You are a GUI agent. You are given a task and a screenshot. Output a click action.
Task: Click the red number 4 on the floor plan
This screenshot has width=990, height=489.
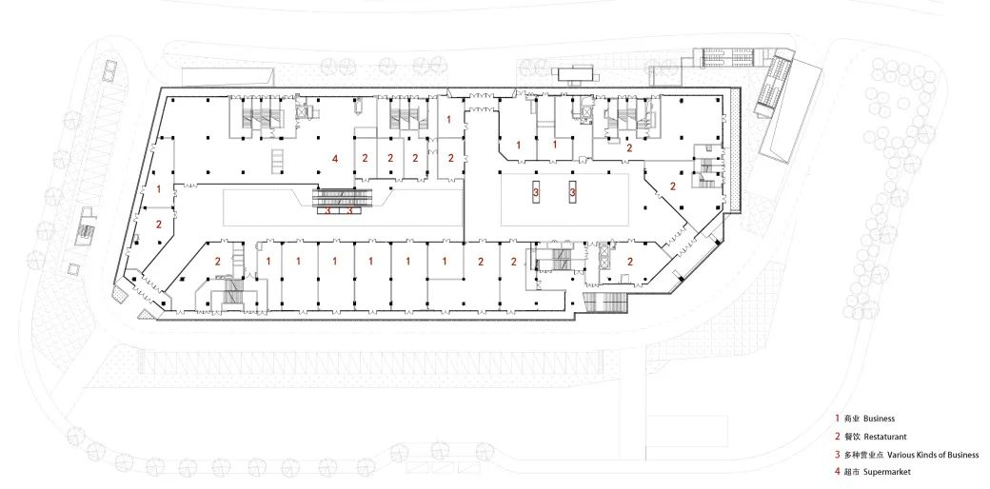pyautogui.click(x=335, y=159)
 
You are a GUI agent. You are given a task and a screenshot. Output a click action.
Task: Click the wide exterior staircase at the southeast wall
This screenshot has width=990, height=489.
pyautogui.click(x=605, y=303)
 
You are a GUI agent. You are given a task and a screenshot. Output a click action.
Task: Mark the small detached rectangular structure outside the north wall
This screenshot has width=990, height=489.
pyautogui.click(x=577, y=74)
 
